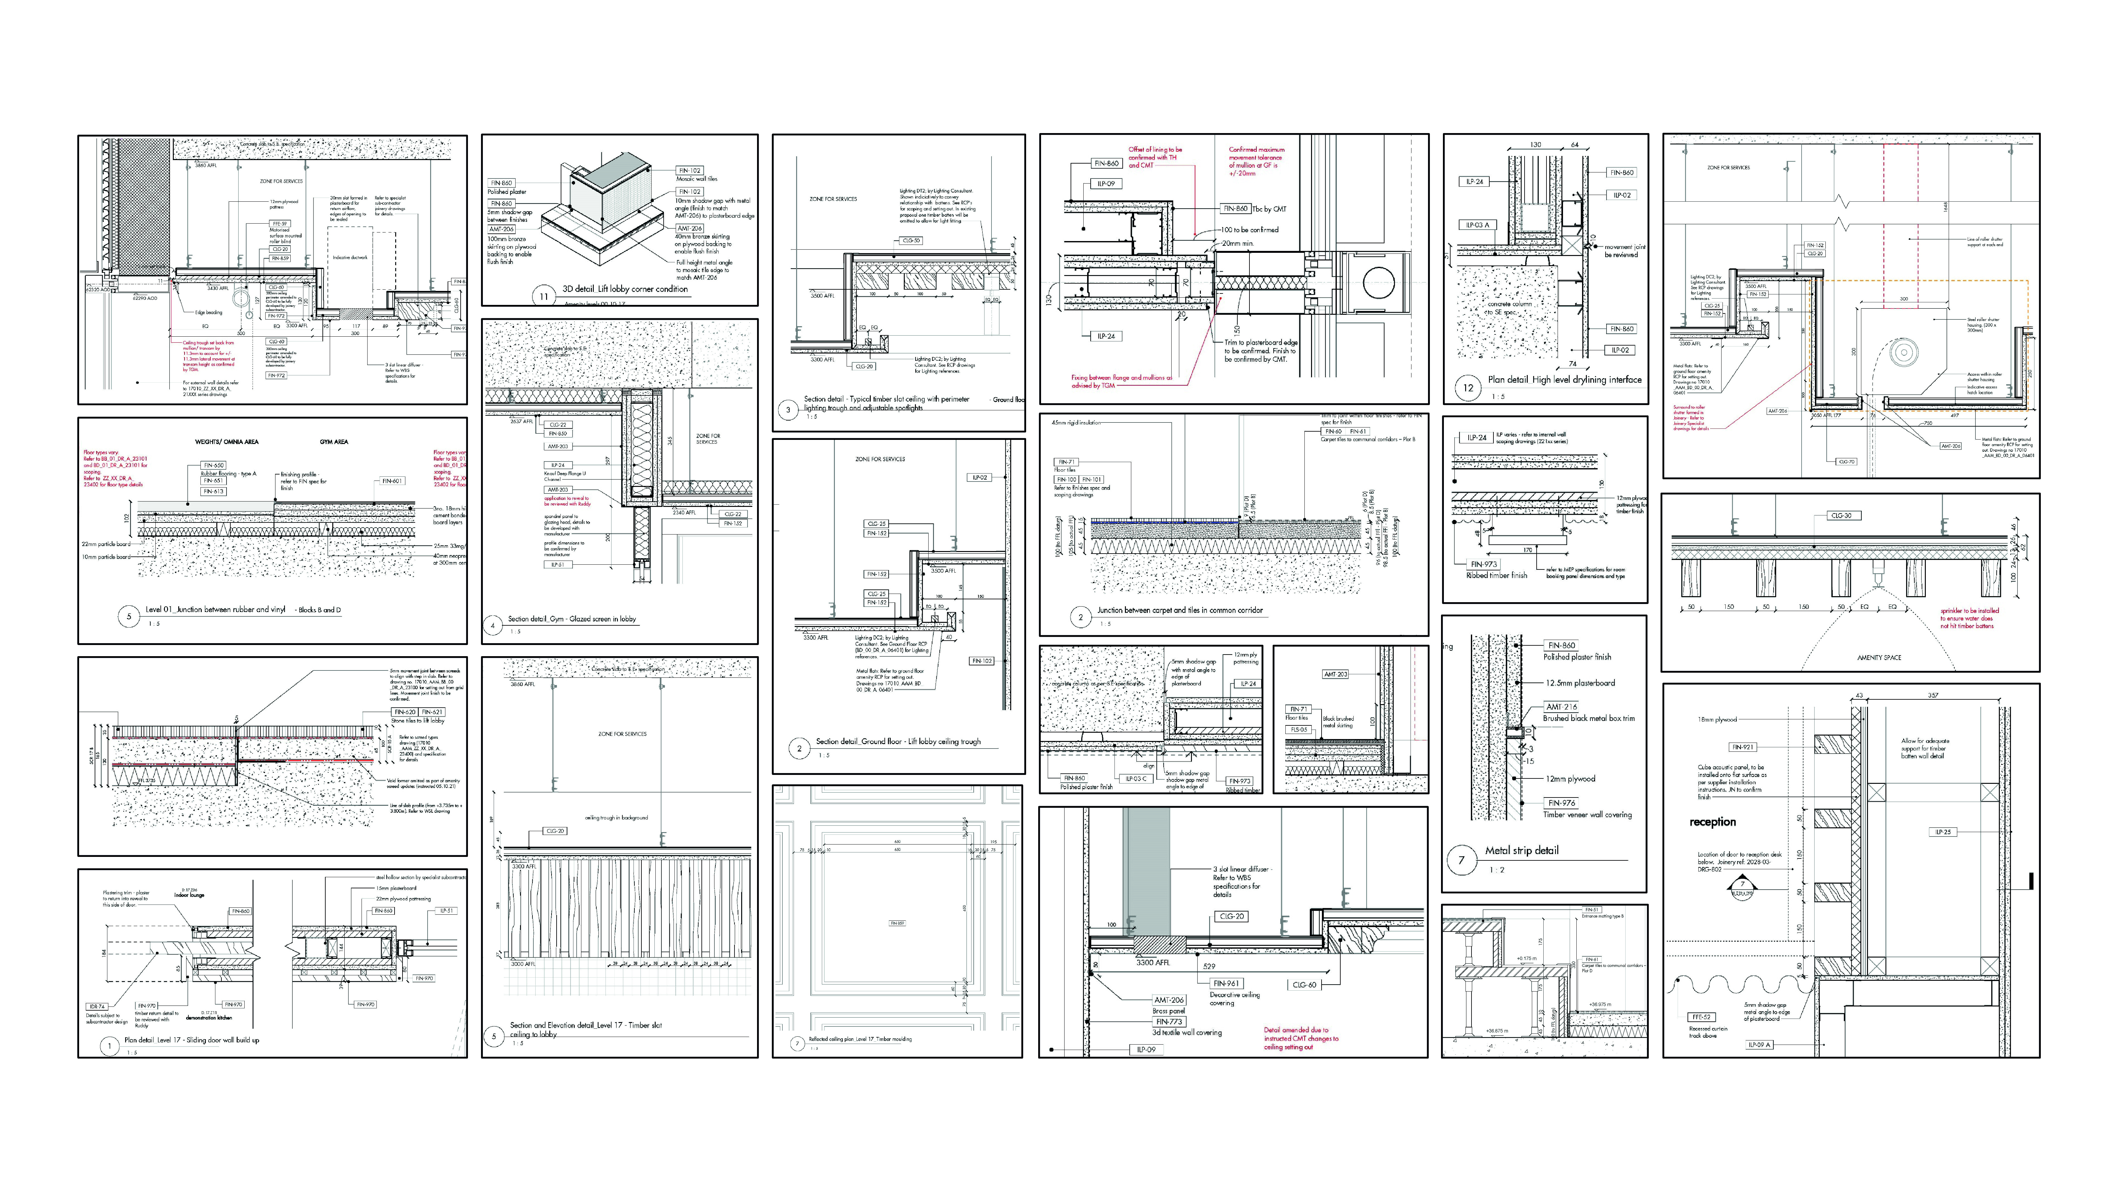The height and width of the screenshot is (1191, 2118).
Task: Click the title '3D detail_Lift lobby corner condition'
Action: tap(625, 289)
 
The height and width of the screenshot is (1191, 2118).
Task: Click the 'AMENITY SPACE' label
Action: tap(1879, 657)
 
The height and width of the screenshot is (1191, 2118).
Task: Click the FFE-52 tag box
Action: tap(1700, 1017)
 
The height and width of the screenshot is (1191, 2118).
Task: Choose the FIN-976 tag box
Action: tap(1561, 803)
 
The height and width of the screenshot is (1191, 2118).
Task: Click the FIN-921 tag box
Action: tap(1742, 747)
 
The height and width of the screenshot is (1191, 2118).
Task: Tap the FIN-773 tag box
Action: tap(1169, 1022)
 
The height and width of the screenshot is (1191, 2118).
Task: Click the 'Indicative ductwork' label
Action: tap(350, 257)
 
